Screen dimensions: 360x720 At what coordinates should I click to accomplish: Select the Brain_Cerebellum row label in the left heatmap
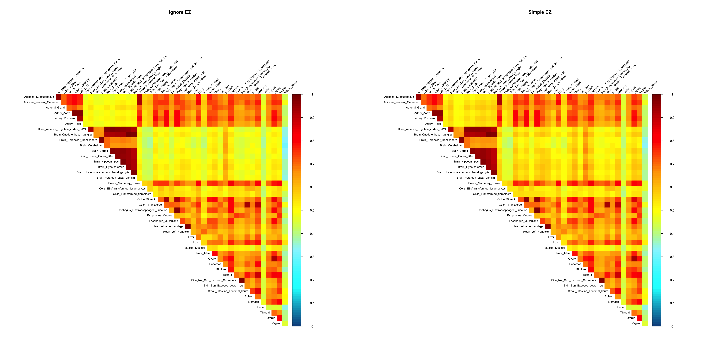click(x=91, y=145)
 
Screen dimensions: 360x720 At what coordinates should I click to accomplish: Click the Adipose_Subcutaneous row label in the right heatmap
click(x=399, y=97)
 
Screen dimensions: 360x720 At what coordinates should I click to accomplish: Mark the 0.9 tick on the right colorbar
click(x=672, y=118)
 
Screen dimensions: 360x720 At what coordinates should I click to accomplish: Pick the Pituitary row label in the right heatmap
click(x=581, y=269)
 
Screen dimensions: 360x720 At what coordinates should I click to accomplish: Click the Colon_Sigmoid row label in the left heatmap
click(x=147, y=199)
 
